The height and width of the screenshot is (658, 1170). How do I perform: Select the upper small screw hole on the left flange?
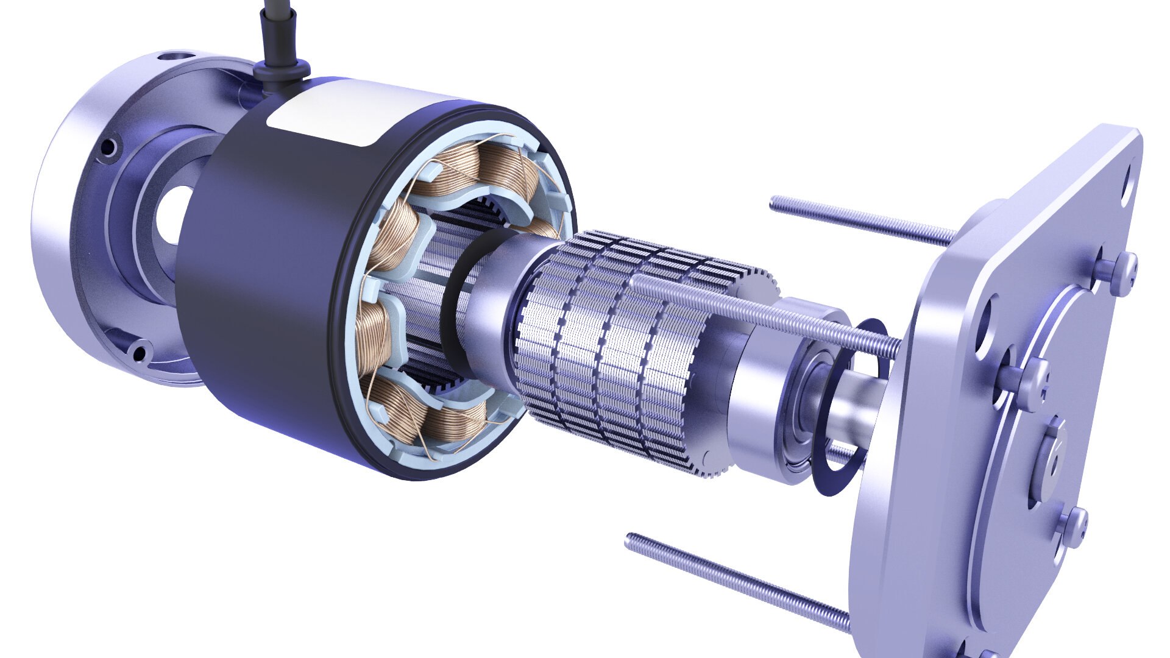[x=108, y=147]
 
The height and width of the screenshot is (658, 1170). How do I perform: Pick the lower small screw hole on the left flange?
[x=140, y=352]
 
